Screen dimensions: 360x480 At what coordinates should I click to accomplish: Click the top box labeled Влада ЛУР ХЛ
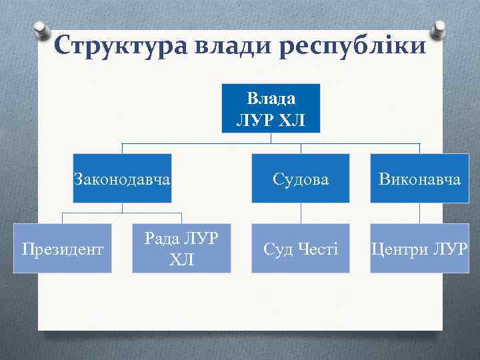click(271, 109)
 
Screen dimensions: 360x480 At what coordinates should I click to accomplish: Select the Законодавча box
click(122, 179)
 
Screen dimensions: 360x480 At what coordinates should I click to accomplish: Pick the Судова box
click(300, 179)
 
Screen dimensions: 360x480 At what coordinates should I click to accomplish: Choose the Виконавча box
click(419, 179)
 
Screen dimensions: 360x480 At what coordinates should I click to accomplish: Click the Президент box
click(63, 249)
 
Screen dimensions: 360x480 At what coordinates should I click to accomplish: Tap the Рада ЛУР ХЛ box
click(181, 248)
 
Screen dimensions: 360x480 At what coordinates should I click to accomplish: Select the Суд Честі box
click(300, 249)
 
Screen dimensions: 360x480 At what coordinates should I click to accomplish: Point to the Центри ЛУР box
click(419, 249)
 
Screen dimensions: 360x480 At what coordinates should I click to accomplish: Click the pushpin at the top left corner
click(41, 30)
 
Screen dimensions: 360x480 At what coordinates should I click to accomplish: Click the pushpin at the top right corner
click(439, 30)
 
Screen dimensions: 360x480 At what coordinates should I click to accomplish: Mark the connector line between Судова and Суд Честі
click(301, 214)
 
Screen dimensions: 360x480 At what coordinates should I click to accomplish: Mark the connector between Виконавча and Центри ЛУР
click(419, 214)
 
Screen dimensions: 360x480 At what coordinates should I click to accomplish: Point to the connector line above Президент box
click(63, 219)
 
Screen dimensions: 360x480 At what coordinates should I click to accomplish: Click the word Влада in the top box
click(271, 99)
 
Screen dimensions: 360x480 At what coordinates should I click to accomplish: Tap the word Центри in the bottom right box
click(399, 249)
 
